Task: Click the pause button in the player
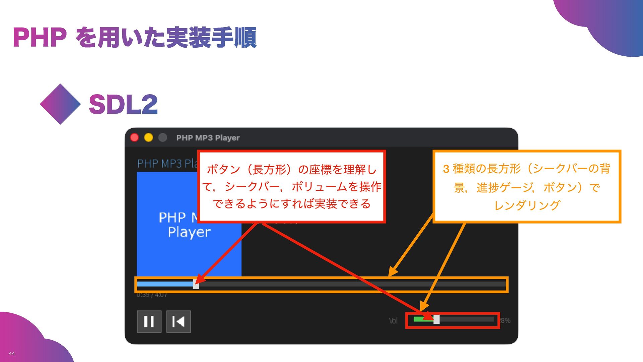(149, 321)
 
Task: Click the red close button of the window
(135, 137)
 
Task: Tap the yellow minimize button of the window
(149, 137)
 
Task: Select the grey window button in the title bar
(163, 137)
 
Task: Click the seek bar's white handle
(196, 285)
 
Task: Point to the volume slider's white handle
(436, 319)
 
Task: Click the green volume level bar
(421, 319)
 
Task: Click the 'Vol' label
(393, 321)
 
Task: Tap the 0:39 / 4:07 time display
(152, 295)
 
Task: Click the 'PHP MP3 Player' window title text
(208, 138)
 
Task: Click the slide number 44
(12, 353)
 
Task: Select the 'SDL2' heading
(123, 104)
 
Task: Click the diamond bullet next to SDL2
(60, 104)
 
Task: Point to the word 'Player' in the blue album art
(189, 232)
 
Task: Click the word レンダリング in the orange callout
(527, 205)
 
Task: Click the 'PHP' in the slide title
(40, 38)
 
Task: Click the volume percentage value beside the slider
(505, 320)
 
